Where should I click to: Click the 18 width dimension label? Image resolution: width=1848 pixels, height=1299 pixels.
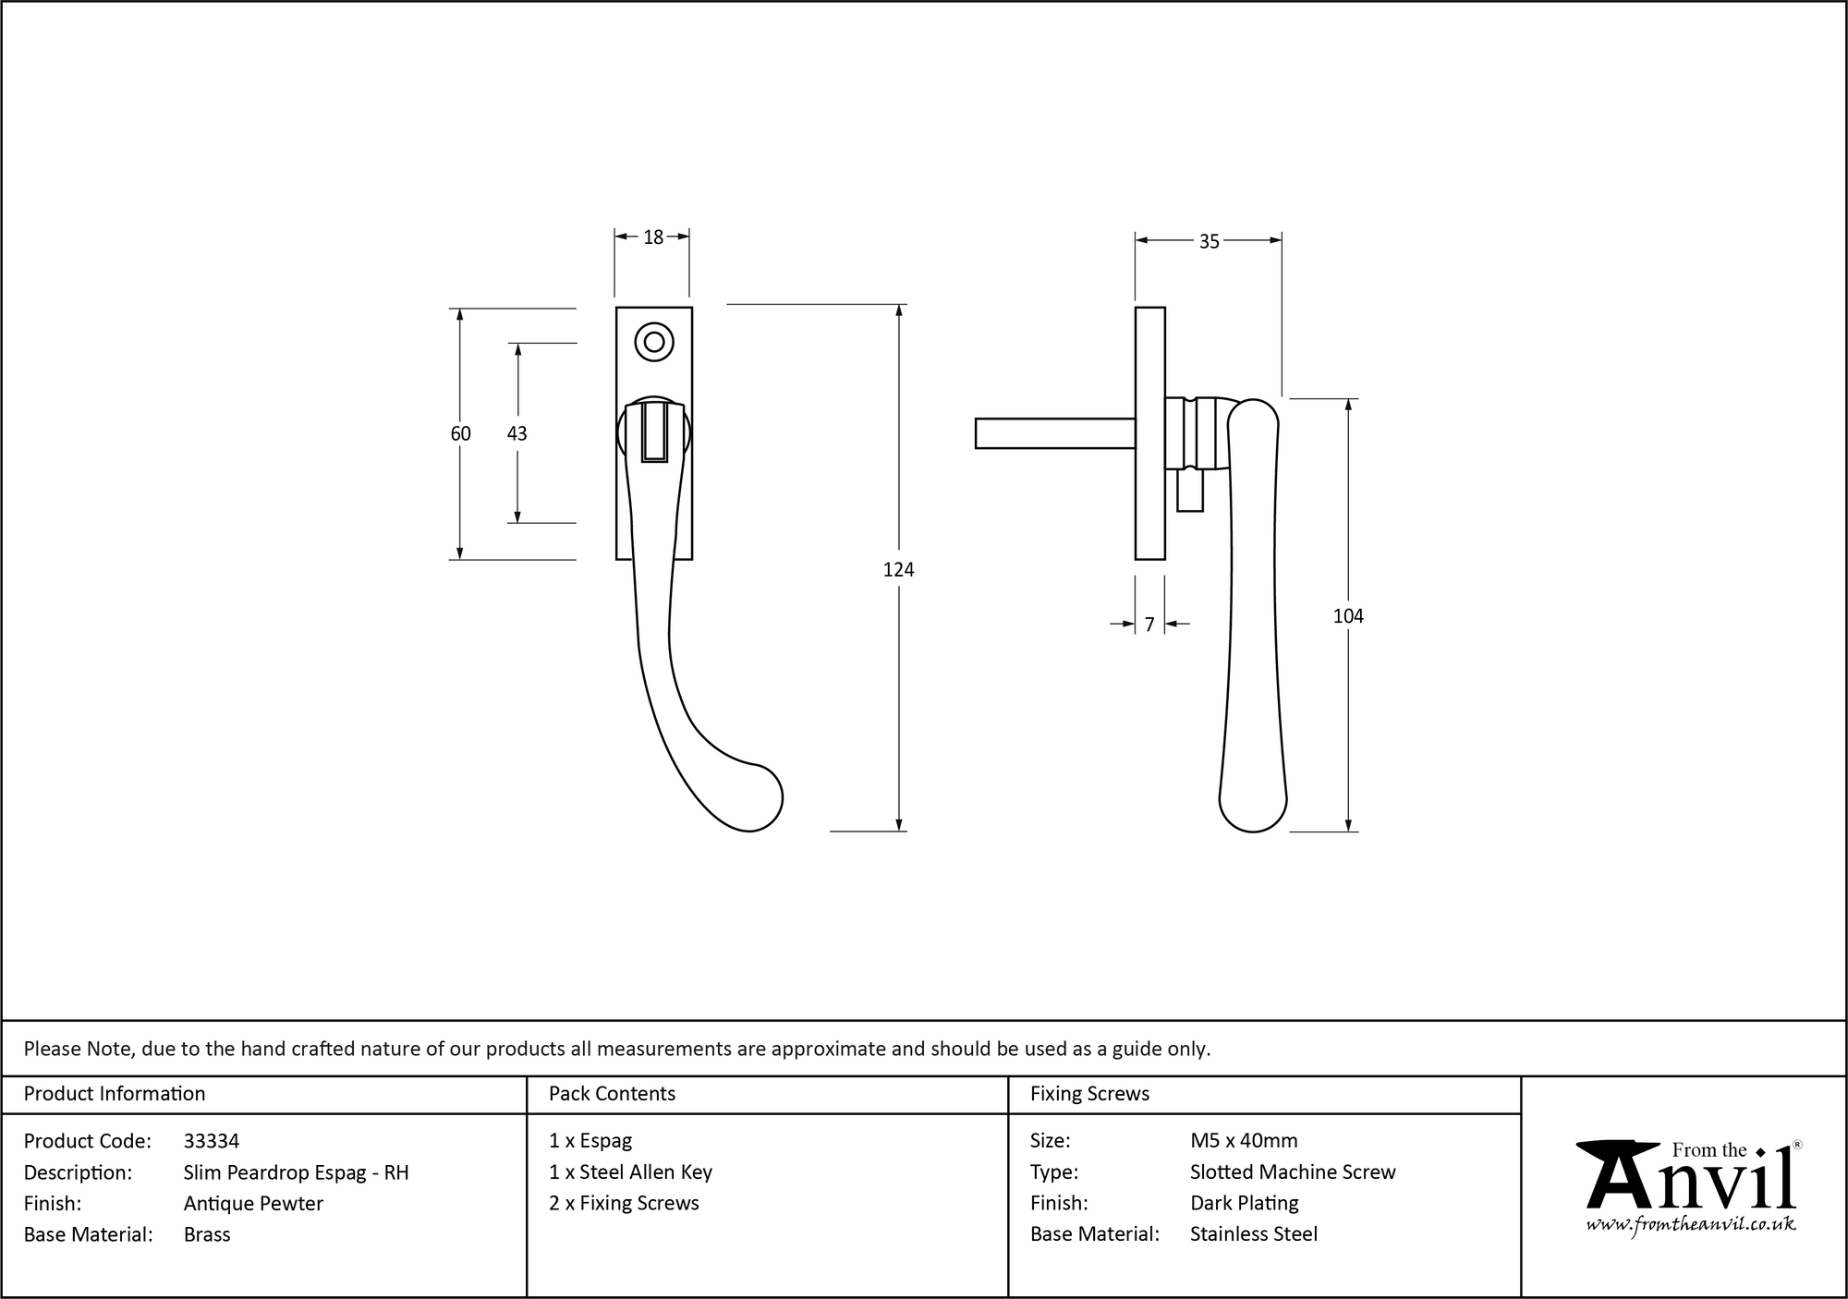tap(653, 237)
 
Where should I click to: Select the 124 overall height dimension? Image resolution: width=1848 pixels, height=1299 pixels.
tap(898, 570)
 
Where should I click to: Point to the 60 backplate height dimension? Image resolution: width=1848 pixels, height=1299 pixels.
tap(460, 433)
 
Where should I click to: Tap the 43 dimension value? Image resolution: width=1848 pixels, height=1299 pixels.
tap(517, 433)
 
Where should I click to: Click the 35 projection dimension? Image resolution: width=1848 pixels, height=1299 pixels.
tap(1209, 241)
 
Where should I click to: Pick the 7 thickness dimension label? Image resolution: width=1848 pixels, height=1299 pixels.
tap(1149, 625)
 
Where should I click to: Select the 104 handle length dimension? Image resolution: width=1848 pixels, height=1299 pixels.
tap(1347, 616)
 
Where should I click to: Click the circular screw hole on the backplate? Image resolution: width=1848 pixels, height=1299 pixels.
tap(653, 342)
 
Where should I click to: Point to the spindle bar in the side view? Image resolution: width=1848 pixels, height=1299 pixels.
tap(1054, 433)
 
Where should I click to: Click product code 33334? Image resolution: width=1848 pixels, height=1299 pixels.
tap(212, 1141)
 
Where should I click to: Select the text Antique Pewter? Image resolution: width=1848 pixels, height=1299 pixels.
tap(253, 1203)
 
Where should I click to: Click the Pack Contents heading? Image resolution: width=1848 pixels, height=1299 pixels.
tap(612, 1094)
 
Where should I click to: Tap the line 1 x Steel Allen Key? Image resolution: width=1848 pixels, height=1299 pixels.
tap(630, 1172)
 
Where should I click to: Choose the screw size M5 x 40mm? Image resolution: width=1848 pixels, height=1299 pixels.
tap(1244, 1141)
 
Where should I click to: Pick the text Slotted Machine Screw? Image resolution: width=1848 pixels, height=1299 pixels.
tap(1292, 1172)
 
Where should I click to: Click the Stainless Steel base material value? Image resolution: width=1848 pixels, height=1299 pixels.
tap(1253, 1234)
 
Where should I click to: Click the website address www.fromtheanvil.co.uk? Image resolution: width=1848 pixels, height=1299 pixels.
tap(1690, 1224)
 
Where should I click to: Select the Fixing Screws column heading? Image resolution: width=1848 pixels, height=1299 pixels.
tap(1089, 1094)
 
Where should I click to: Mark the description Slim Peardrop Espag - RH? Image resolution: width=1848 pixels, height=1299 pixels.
tap(296, 1172)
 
